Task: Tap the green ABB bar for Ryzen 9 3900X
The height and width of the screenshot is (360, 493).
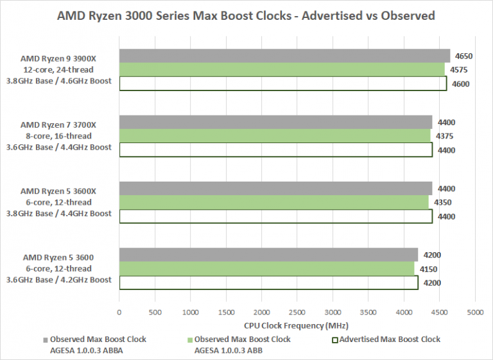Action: point(282,69)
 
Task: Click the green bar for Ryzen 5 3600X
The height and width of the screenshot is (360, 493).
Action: point(274,201)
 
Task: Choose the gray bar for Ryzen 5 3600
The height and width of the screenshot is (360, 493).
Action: point(268,254)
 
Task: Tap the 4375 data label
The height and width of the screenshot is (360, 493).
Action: point(445,136)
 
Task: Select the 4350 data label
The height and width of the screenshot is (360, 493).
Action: point(443,202)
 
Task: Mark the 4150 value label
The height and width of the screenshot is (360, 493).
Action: point(429,268)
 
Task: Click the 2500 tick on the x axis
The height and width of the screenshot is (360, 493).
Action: point(297,313)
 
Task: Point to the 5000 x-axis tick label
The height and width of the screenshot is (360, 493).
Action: point(474,313)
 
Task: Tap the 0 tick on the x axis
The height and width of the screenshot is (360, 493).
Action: point(119,313)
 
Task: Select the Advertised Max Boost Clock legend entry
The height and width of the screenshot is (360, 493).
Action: point(386,339)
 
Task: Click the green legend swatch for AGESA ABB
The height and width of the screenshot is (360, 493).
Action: point(189,339)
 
